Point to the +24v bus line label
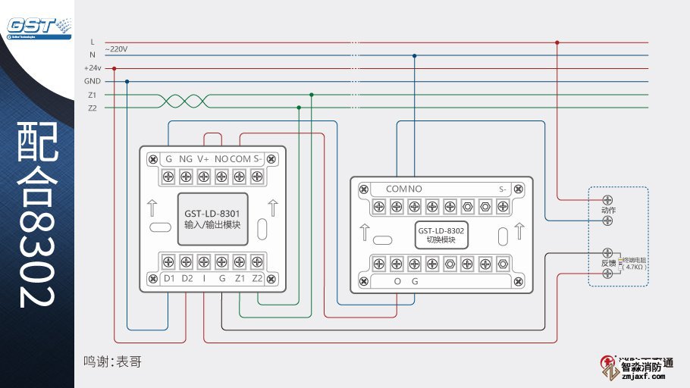pyautogui.click(x=93, y=68)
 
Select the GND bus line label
pyautogui.click(x=93, y=81)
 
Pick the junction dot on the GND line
pyautogui.click(x=127, y=81)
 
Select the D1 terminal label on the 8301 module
pyautogui.click(x=169, y=278)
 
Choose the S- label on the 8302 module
pyautogui.click(x=503, y=189)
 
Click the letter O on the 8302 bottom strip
pyautogui.click(x=397, y=281)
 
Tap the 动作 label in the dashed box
pyautogui.click(x=607, y=210)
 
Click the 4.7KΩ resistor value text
pyautogui.click(x=633, y=267)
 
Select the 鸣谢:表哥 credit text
pyautogui.click(x=112, y=362)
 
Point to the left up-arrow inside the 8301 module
pyautogui.click(x=152, y=206)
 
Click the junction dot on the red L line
pyautogui.click(x=557, y=42)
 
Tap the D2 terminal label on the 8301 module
pyautogui.click(x=187, y=278)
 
